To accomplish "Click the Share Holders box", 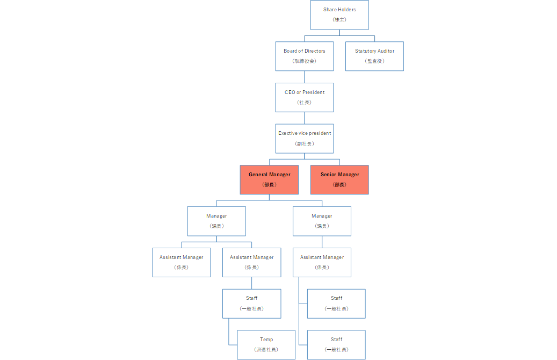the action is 339,15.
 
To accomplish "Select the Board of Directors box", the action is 305,56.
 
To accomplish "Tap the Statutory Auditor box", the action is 374,56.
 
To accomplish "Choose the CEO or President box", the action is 305,97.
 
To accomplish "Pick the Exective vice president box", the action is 305,139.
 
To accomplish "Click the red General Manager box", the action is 269,180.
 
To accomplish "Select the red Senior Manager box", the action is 339,180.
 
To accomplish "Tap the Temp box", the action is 266,345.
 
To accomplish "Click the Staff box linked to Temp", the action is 252,304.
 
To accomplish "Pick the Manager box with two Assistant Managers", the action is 216,221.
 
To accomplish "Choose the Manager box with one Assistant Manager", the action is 322,221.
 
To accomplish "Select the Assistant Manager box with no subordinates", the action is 182,262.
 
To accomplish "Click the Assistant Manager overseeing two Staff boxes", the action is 322,262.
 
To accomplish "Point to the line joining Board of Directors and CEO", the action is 305,77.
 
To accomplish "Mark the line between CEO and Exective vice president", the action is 305,118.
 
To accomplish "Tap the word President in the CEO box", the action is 313,92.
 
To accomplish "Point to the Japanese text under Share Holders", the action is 339,19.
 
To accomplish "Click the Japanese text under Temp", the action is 266,350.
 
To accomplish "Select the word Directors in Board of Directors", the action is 315,51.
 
